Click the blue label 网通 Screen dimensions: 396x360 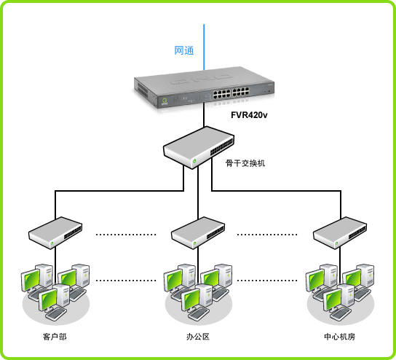[x=184, y=50]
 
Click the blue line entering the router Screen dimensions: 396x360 [x=204, y=47]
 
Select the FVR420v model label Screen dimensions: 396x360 [x=249, y=115]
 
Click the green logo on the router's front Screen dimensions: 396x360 [x=165, y=101]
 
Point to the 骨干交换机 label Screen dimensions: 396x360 [x=245, y=163]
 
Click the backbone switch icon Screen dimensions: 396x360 [x=199, y=148]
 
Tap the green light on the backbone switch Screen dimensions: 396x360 [x=194, y=161]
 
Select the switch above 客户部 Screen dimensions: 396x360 [x=55, y=233]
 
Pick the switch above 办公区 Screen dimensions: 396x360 [x=198, y=233]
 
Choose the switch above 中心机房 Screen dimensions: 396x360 [x=340, y=233]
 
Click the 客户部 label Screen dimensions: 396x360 [x=55, y=337]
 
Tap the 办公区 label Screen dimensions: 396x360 [x=198, y=337]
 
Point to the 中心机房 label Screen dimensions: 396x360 [x=340, y=337]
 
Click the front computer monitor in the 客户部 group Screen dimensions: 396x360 [x=47, y=300]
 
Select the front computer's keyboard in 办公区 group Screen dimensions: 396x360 [x=199, y=313]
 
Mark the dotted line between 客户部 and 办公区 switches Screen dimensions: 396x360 [x=126, y=235]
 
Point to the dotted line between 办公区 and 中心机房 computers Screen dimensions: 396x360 [x=267, y=281]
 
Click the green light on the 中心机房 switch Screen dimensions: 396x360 [x=336, y=243]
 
